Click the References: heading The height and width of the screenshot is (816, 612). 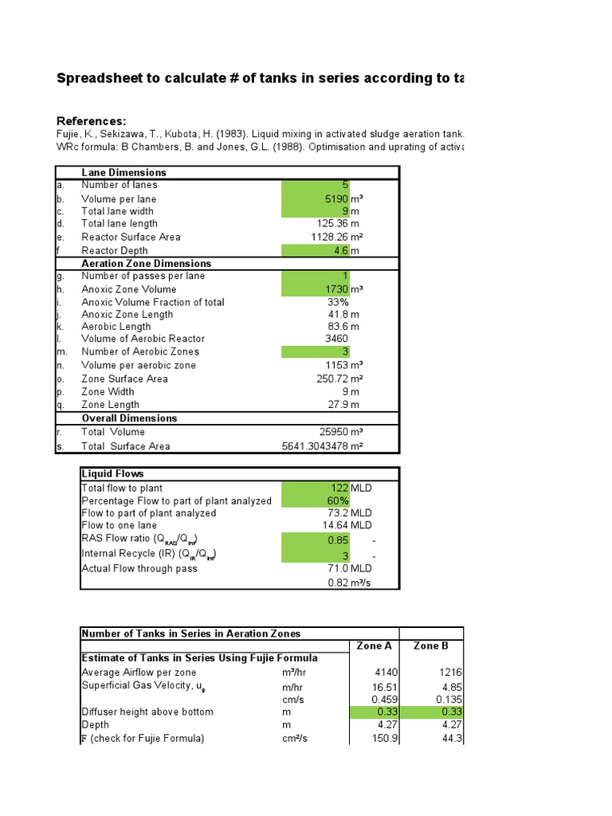pyautogui.click(x=92, y=120)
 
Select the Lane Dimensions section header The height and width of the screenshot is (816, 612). pyautogui.click(x=124, y=172)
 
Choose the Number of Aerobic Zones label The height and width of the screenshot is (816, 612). pyautogui.click(x=140, y=351)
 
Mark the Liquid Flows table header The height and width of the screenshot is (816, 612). pyautogui.click(x=112, y=473)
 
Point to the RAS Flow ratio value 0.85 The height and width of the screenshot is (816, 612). pyautogui.click(x=338, y=539)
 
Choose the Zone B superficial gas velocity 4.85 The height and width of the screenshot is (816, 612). pyautogui.click(x=450, y=685)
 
